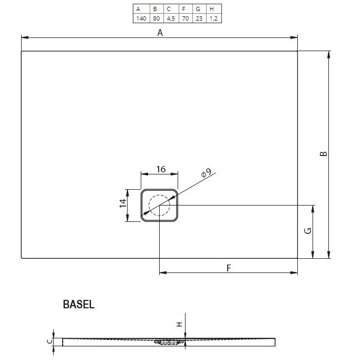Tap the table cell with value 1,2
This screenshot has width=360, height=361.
click(x=211, y=18)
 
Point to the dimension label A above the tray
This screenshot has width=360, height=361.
click(x=160, y=33)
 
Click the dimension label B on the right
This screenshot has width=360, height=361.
click(x=324, y=154)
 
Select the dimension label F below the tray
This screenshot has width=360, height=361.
click(x=229, y=268)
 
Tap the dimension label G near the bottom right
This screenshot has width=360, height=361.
click(x=309, y=230)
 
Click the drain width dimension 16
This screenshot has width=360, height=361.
click(x=161, y=169)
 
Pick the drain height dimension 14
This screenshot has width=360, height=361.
click(x=122, y=204)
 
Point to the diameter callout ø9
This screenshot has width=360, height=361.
click(x=206, y=173)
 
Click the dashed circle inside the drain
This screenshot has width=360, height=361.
click(x=159, y=205)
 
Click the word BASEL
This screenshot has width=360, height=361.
click(x=79, y=304)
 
